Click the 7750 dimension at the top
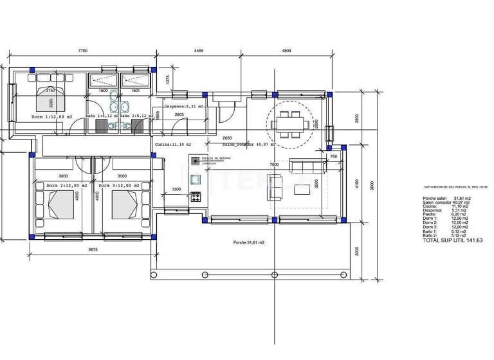pos(82,50)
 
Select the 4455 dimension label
pos(199,50)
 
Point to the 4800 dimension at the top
pos(286,50)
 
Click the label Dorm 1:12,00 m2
pos(52,117)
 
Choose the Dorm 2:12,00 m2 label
pos(66,185)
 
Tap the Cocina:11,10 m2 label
pos(173,145)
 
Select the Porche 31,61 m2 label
pos(249,243)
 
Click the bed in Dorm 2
pos(63,206)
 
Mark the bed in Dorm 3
pos(125,206)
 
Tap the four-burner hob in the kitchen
pos(196,196)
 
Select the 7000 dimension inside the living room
pos(274,165)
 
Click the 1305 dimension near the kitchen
pos(176,190)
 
